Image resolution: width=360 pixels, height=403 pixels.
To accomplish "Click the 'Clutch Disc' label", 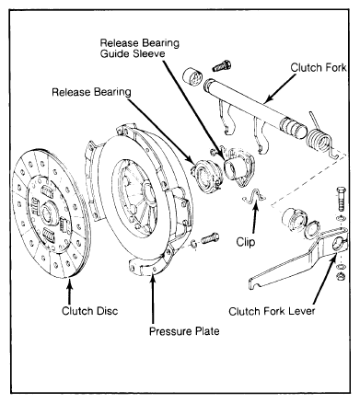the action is click(89, 311).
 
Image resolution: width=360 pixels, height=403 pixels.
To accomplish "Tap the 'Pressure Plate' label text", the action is click(184, 331).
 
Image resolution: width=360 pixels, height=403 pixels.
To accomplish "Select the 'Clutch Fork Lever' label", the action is click(272, 311).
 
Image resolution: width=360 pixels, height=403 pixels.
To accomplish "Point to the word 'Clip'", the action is click(246, 242).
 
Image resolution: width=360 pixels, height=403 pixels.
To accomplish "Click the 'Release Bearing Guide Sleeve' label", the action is click(140, 48).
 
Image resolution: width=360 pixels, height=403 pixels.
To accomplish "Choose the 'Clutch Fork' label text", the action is click(319, 67).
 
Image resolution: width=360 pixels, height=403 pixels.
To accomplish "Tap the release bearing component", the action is click(205, 176).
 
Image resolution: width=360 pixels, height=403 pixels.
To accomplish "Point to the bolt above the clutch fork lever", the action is click(341, 199).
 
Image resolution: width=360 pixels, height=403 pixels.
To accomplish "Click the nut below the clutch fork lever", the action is click(341, 276).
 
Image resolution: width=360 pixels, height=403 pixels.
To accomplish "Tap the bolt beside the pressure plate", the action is click(210, 237).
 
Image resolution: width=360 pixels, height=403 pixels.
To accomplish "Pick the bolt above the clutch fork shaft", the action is click(221, 65).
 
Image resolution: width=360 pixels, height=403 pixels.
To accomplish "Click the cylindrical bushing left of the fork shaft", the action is click(192, 77).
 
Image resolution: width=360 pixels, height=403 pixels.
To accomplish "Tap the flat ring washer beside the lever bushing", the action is click(310, 230).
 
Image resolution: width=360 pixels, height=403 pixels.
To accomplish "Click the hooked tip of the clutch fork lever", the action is click(253, 282).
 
